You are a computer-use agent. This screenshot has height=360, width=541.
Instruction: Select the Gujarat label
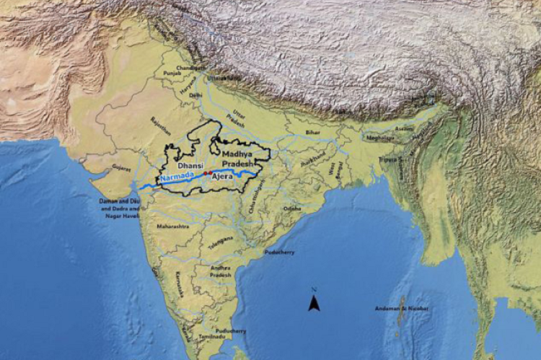click(121, 168)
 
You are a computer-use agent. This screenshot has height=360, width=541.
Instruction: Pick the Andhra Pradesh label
click(221, 271)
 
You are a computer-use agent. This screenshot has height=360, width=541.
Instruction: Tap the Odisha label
click(292, 208)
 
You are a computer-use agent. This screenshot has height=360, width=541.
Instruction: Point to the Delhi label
click(195, 95)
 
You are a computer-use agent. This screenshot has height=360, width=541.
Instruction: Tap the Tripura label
click(387, 159)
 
